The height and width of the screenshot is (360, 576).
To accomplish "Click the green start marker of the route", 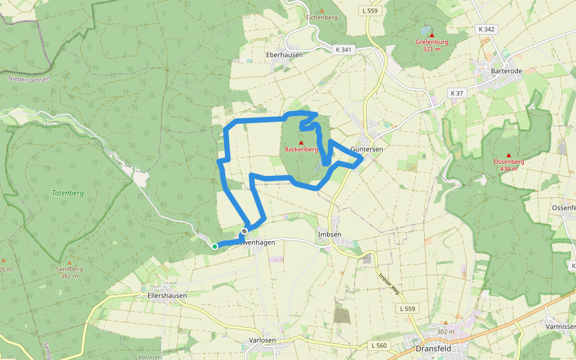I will [x=215, y=246].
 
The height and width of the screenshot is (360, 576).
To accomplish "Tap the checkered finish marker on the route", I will [x=244, y=231].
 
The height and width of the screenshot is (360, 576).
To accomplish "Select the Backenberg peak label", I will [x=301, y=149].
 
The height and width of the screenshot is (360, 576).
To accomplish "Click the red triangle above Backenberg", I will [x=301, y=142].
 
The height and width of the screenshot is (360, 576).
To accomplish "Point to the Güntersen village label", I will [x=367, y=149].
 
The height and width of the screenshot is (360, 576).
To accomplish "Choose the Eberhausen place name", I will [x=284, y=54].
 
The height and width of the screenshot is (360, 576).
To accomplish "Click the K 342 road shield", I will [x=486, y=29].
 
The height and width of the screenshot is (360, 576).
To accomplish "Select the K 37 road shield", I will [x=457, y=93].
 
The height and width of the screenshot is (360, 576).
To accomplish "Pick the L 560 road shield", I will [x=379, y=346].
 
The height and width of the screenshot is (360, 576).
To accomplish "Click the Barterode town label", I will [x=506, y=71].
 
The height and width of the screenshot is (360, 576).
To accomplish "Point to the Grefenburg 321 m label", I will [x=431, y=45].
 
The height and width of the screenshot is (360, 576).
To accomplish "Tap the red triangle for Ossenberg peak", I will [x=509, y=155].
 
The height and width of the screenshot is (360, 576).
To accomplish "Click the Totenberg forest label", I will [x=68, y=193].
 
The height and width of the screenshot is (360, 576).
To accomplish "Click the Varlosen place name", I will [x=262, y=340].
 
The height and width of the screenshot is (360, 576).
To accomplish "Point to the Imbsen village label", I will [x=329, y=234].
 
